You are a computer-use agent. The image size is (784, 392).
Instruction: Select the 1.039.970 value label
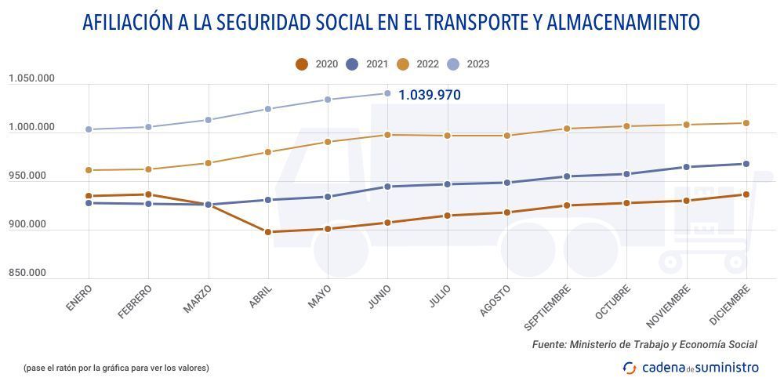coord(430,95)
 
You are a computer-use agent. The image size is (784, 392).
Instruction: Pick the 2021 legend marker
coord(352,64)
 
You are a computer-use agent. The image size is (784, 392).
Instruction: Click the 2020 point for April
coord(268,232)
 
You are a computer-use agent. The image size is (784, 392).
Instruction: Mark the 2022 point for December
coord(746,123)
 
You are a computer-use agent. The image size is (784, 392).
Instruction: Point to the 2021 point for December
coord(746,164)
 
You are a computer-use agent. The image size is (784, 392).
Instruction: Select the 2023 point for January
coord(89,129)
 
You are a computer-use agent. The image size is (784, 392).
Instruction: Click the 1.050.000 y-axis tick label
coord(31,78)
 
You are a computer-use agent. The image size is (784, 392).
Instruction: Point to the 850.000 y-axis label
coord(27,273)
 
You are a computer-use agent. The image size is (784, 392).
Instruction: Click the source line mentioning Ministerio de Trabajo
coord(644,344)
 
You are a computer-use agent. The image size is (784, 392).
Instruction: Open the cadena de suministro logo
coord(691,367)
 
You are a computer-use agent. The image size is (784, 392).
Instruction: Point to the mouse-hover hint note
coord(116,367)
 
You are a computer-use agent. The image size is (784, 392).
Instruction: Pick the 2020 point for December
coord(746,194)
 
